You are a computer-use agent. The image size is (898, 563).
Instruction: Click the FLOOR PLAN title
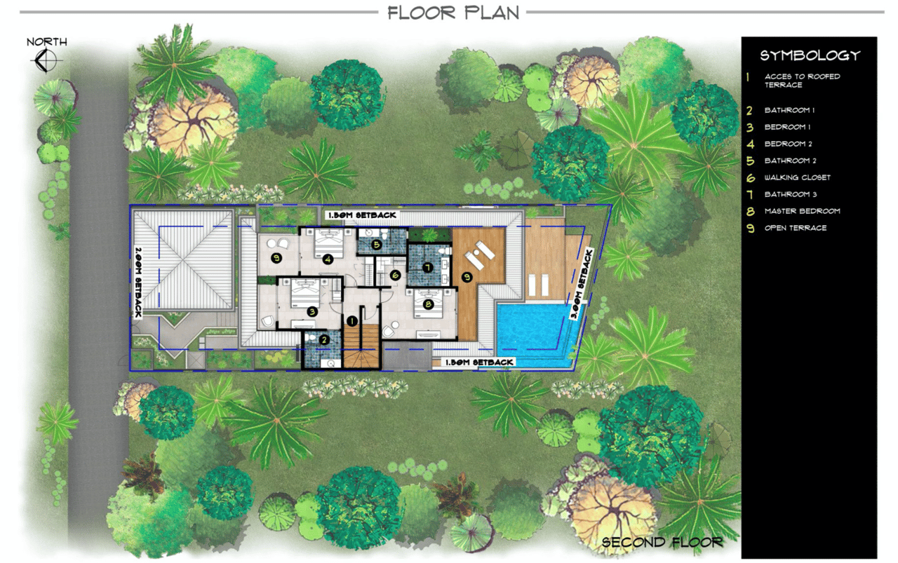point(453,13)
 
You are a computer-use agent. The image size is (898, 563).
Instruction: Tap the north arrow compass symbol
point(46,60)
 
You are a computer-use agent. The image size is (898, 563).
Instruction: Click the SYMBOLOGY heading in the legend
point(810,55)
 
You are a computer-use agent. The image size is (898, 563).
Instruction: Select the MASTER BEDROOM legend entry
point(802,211)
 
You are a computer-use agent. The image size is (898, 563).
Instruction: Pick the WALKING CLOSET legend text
point(798,177)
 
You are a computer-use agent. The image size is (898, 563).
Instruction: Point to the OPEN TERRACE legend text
point(796,228)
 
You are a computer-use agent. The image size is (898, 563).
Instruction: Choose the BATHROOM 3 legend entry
point(790,194)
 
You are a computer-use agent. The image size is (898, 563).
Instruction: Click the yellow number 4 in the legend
point(750,144)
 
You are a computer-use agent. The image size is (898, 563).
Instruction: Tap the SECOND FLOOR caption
point(662,543)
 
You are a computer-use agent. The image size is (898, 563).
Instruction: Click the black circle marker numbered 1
point(352,321)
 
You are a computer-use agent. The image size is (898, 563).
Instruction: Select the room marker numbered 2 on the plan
point(324,340)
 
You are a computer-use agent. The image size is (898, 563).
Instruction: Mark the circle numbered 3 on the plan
point(312,311)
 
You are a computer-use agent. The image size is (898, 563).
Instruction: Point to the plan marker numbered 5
point(376,245)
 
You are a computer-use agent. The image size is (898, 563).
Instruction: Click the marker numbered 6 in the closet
point(395,276)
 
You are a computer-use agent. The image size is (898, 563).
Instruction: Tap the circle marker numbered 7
point(428,267)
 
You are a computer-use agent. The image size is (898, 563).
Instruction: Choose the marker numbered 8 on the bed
point(428,304)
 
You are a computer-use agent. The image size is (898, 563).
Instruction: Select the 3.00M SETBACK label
point(582,285)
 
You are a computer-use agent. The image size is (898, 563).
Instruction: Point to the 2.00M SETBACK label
point(138,282)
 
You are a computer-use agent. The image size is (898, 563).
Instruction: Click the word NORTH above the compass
point(47,41)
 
